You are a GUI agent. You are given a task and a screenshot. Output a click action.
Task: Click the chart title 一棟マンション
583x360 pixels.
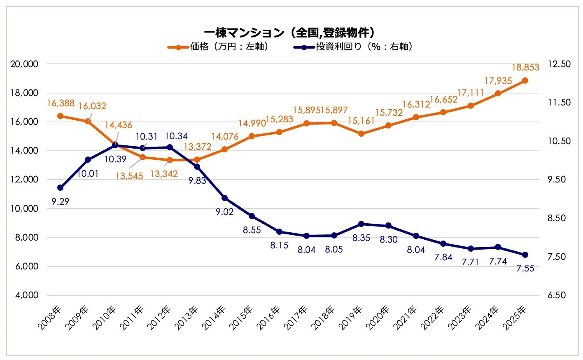tap(290, 33)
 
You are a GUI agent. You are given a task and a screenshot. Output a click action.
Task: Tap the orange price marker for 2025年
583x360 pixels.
tap(525, 81)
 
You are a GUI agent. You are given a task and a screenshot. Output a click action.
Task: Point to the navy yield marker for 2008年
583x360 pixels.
tap(60, 187)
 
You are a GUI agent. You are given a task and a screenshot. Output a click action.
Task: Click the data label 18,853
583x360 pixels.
tap(525, 68)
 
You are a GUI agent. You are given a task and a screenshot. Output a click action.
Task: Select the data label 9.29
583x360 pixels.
tap(60, 201)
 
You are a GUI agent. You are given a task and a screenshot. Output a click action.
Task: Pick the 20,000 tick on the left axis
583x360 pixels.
tap(24, 64)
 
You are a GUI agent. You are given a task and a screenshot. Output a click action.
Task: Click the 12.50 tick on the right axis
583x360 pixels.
tap(559, 64)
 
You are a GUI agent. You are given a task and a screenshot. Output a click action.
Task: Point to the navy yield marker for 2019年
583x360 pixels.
tap(361, 224)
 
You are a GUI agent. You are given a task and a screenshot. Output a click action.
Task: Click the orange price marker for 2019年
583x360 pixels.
tap(361, 133)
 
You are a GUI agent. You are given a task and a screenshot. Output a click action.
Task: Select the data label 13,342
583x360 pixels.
tap(163, 174)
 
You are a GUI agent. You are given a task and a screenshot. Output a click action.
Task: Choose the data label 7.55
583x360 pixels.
tap(525, 268)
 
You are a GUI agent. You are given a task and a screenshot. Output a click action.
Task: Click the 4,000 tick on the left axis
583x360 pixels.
tap(27, 295)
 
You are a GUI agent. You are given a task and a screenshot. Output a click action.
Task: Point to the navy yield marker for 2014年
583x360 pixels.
tap(224, 198)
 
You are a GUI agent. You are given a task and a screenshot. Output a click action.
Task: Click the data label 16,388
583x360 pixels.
tap(61, 103)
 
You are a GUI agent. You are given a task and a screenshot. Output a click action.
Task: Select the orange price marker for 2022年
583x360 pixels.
tap(443, 112)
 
